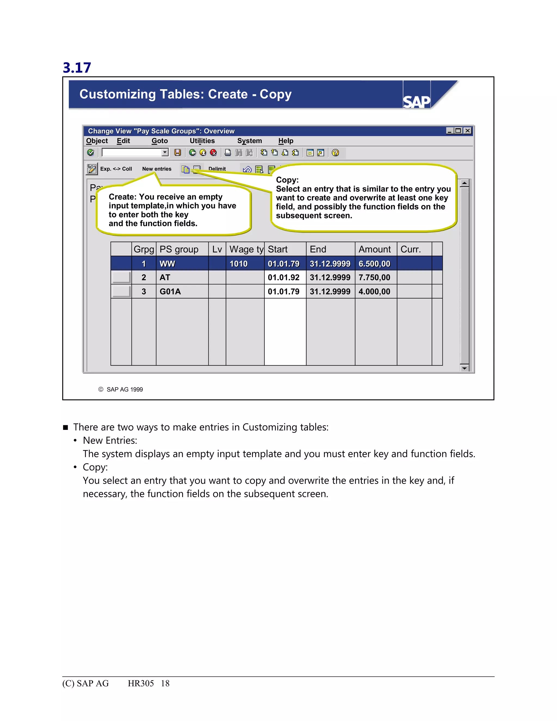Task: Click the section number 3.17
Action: click(77, 68)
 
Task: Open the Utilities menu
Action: click(202, 141)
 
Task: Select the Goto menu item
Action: click(160, 141)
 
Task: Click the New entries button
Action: click(157, 169)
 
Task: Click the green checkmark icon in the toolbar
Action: click(90, 153)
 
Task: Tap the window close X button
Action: click(468, 131)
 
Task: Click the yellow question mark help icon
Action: click(335, 153)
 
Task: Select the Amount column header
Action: click(375, 249)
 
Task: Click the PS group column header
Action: click(179, 249)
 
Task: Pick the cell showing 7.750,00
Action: click(375, 278)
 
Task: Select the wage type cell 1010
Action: click(239, 264)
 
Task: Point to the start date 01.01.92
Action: click(283, 278)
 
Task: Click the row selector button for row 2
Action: click(121, 278)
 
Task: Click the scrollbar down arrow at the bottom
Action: click(465, 368)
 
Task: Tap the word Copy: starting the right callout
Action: click(287, 180)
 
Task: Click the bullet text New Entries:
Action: click(110, 441)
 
